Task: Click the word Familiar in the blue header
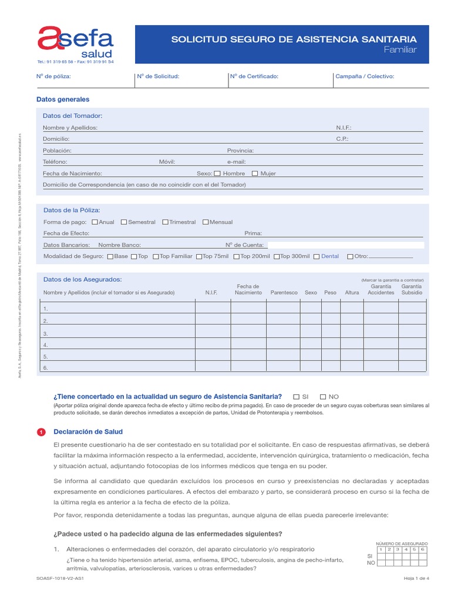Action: pos(400,50)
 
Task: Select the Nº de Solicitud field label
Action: pos(158,76)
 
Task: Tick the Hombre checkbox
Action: pos(217,174)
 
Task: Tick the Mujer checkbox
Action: pos(255,174)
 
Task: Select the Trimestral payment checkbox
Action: pos(165,222)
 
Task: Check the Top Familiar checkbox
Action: pos(156,256)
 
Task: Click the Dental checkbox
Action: pos(317,256)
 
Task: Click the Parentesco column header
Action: pos(284,292)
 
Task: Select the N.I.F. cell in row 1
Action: pos(212,308)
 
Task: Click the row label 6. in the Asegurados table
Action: pos(46,368)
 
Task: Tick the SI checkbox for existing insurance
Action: pos(297,397)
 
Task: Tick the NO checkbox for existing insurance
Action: pos(322,397)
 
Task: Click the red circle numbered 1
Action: pos(41,433)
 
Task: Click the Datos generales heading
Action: pos(63,100)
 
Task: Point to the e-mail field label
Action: pos(236,162)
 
